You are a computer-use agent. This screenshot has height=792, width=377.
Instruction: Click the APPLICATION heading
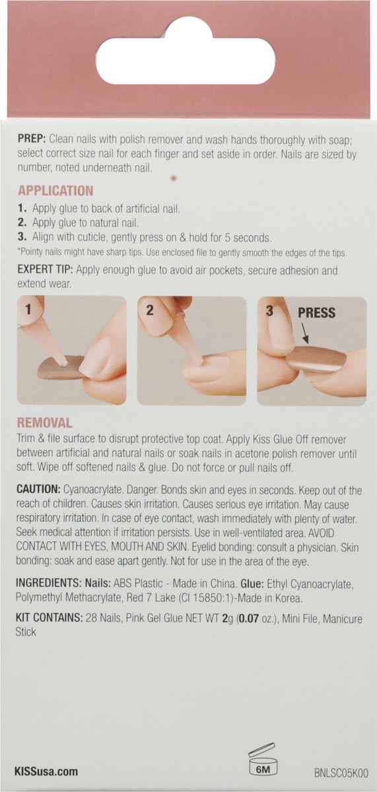coord(55,191)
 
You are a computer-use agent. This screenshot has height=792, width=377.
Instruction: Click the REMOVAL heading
coord(44,423)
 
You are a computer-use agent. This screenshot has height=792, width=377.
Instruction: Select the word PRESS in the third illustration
coord(316,313)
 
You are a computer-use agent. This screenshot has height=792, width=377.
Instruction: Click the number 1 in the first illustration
coord(28,310)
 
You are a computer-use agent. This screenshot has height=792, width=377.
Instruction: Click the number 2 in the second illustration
coord(150,310)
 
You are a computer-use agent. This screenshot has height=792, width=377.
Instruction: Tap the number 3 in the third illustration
coord(269,311)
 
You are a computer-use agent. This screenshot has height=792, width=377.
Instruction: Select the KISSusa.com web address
coord(46,771)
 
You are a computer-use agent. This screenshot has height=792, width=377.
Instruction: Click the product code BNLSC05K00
coord(341,773)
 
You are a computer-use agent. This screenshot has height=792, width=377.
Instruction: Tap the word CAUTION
coord(38,489)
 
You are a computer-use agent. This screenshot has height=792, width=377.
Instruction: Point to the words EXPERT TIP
coord(46,269)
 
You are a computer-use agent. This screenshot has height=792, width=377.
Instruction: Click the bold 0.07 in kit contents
coord(248,619)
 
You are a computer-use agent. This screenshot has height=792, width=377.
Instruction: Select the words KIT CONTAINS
coord(49,618)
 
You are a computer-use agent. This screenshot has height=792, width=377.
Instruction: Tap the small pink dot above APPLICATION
coord(174,179)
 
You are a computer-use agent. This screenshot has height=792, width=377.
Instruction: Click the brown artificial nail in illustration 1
coord(60,367)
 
